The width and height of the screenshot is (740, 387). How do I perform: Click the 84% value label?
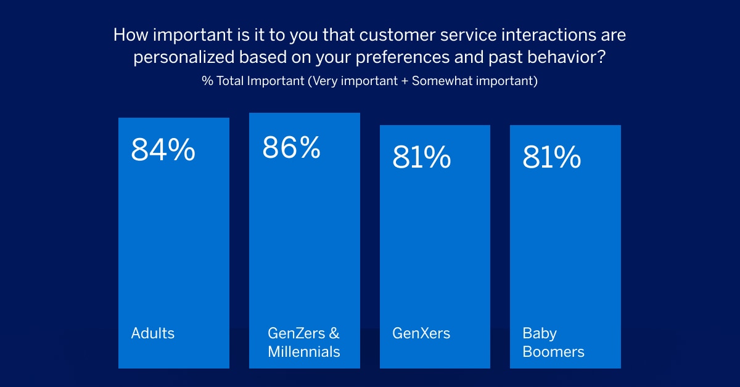click(x=163, y=151)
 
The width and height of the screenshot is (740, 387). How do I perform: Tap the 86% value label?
click(x=291, y=147)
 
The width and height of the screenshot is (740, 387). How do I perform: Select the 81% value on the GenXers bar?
click(x=422, y=158)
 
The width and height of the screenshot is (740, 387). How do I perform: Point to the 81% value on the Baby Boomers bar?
click(x=552, y=158)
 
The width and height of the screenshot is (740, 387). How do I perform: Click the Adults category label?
click(x=153, y=333)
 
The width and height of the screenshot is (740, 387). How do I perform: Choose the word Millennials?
click(x=304, y=352)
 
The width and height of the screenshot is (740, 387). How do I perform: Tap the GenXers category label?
click(x=421, y=333)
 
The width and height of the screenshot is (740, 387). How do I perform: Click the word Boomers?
click(x=554, y=352)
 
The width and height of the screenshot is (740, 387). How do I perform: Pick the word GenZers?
click(x=295, y=333)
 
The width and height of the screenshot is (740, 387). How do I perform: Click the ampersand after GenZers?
click(x=334, y=333)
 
